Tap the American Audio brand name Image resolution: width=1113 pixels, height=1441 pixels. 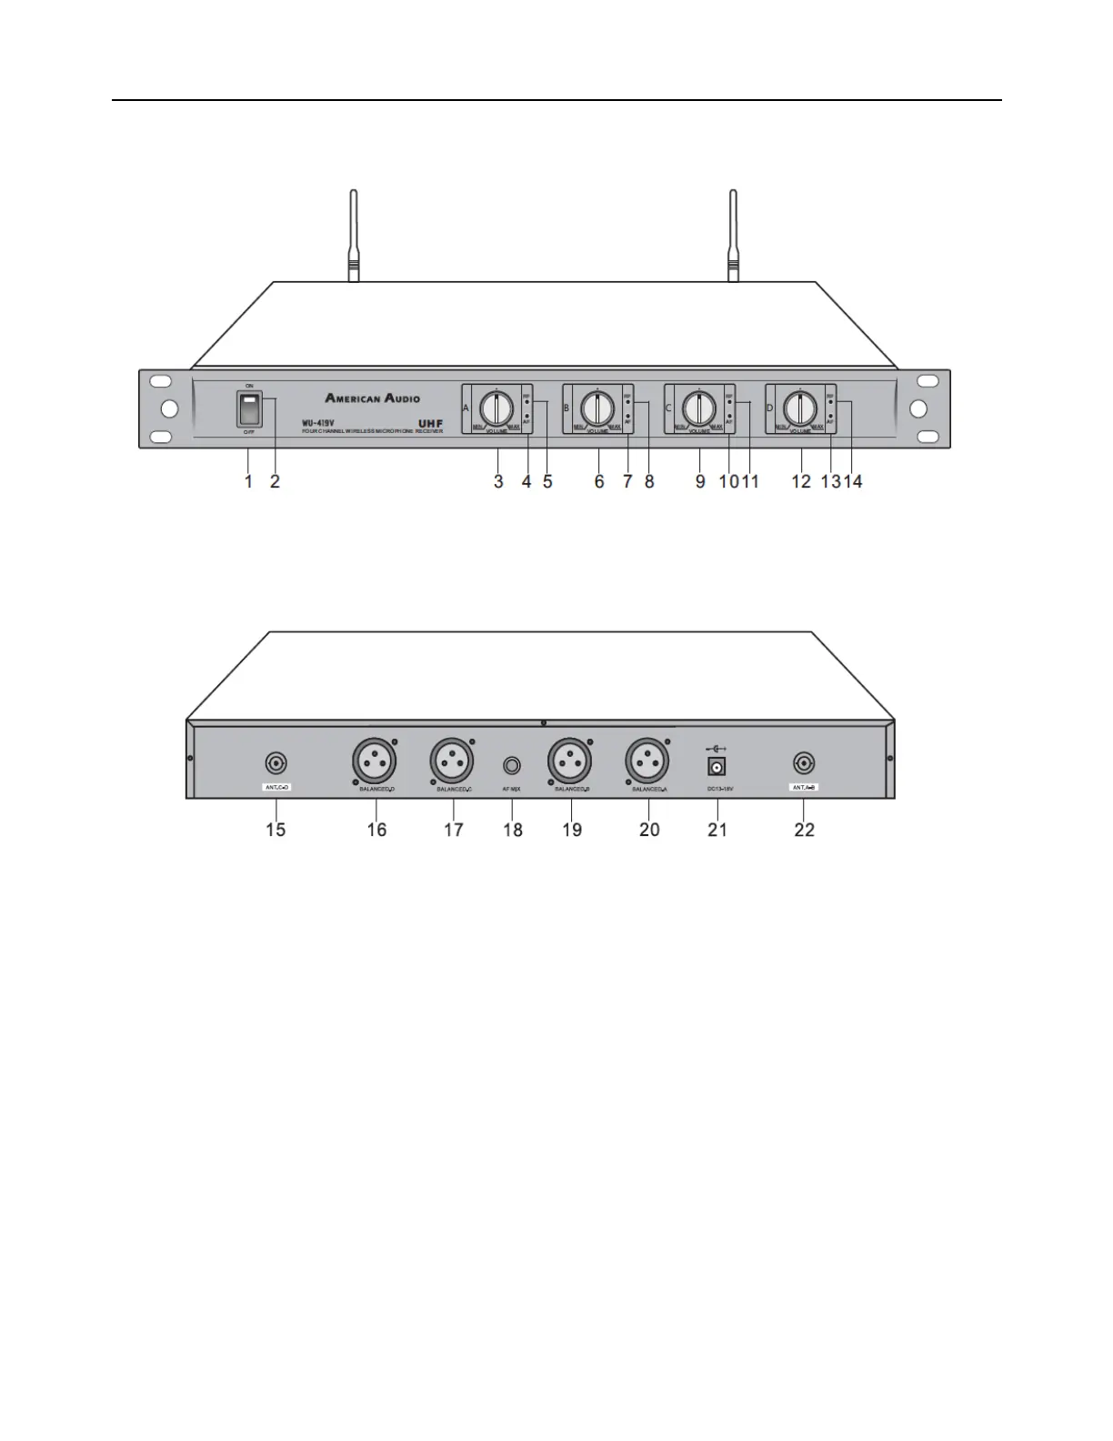point(373,398)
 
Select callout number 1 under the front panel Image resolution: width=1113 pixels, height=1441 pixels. point(248,482)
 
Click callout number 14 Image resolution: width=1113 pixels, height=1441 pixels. point(853,482)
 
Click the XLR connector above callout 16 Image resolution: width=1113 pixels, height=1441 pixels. point(375,761)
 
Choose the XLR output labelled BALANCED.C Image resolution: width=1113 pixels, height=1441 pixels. point(452,761)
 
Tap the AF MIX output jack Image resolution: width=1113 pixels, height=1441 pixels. point(512,766)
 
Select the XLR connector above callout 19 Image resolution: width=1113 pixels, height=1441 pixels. point(570,761)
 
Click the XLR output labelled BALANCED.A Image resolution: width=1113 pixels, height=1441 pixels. point(647,761)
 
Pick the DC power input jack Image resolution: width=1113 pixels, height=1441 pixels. point(717,767)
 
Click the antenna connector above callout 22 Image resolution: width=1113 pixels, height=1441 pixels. point(804,762)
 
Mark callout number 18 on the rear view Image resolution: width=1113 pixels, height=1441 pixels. point(513,830)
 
